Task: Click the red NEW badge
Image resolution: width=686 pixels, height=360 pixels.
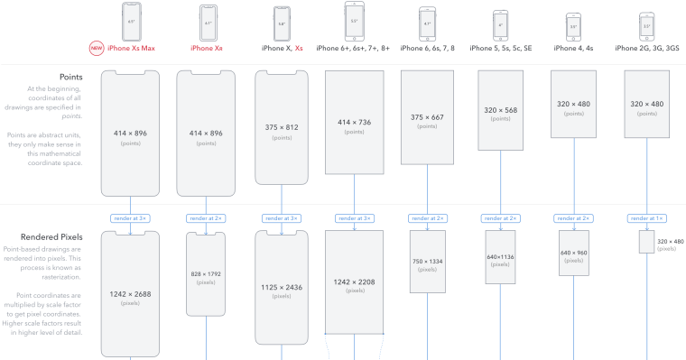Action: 96,49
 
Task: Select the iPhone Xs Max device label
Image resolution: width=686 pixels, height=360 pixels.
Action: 131,49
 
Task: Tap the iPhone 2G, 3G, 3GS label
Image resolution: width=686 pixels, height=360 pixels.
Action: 647,49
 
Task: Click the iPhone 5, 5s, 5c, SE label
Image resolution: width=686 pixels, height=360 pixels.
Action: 501,49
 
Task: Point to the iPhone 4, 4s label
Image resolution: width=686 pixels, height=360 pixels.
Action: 573,49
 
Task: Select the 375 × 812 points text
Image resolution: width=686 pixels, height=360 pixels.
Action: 279,126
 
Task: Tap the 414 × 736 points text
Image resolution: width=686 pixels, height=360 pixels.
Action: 354,121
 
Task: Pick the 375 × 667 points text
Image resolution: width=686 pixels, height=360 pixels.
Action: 427,116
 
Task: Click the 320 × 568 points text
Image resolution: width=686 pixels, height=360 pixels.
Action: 501,110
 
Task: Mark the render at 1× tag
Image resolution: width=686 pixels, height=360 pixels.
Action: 647,218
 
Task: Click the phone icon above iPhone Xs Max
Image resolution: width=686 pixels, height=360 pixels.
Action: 132,20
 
